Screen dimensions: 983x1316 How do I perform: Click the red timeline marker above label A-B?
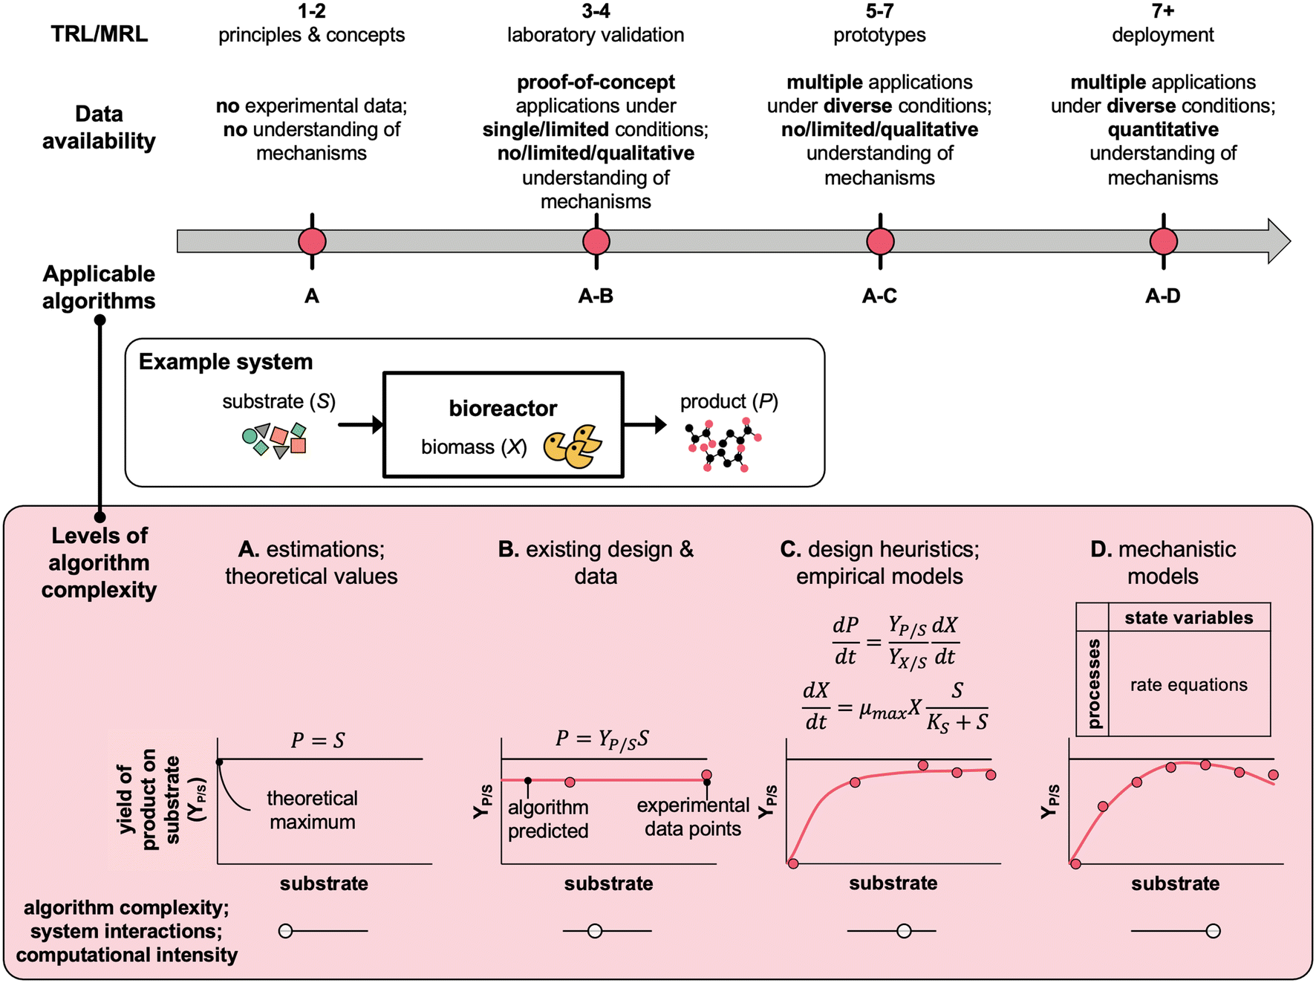(x=596, y=241)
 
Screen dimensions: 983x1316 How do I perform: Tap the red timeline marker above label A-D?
(x=1163, y=241)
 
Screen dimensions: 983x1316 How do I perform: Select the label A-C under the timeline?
(x=879, y=296)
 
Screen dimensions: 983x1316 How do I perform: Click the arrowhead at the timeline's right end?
(x=1279, y=241)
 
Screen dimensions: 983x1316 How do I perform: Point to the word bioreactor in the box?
(x=503, y=408)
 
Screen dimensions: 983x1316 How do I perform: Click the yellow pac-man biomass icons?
(x=573, y=447)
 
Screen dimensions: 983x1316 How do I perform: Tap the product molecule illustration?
(x=723, y=445)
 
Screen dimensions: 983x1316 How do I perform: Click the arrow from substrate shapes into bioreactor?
(x=360, y=425)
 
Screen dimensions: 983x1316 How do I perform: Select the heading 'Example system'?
(x=226, y=362)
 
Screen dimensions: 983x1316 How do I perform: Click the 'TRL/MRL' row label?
(x=99, y=34)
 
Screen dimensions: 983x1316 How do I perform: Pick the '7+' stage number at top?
(x=1163, y=11)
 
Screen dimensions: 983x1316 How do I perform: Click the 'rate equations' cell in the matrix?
(x=1188, y=684)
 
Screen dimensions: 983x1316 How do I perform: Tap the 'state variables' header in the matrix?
(x=1188, y=617)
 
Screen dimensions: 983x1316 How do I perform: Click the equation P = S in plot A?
(x=318, y=740)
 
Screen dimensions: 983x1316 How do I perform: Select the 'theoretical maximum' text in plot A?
(x=312, y=810)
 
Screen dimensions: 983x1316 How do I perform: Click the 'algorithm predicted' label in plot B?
(x=548, y=819)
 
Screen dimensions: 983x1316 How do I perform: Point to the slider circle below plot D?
(x=1213, y=930)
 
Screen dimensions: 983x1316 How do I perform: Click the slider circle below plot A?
(x=285, y=930)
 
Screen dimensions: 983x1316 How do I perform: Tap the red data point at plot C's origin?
(x=793, y=863)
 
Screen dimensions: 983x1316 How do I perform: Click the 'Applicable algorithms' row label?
(x=99, y=287)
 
